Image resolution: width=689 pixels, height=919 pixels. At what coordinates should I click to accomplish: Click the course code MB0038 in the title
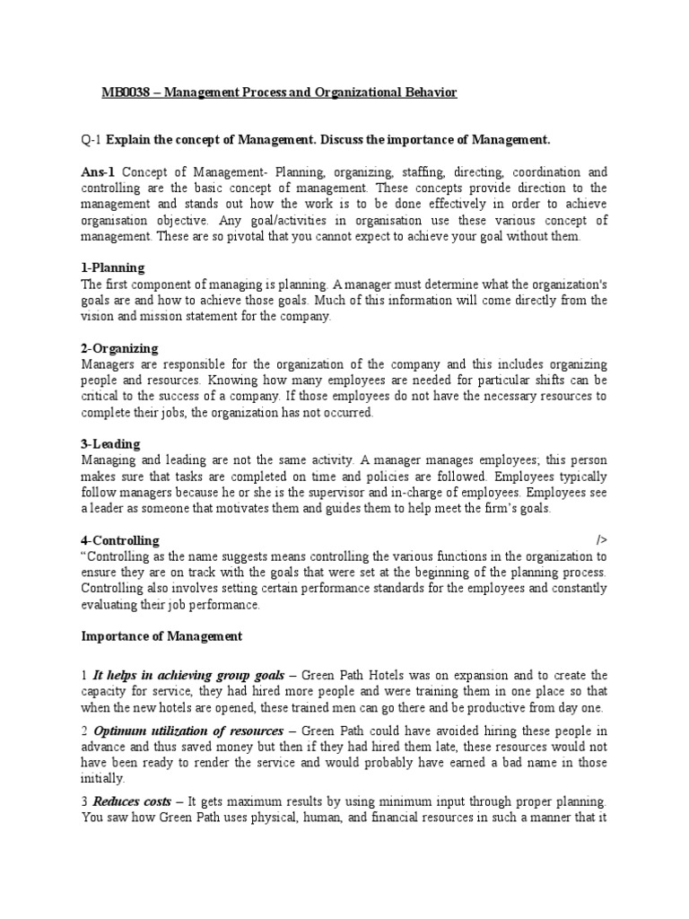[x=123, y=93]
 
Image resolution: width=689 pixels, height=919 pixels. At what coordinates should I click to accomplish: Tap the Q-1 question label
[x=92, y=140]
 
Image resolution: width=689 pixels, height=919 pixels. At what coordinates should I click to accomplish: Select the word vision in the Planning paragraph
[x=97, y=316]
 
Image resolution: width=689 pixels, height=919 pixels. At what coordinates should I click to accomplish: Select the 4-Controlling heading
[x=120, y=540]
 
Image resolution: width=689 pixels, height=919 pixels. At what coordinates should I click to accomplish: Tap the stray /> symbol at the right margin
[x=601, y=540]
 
